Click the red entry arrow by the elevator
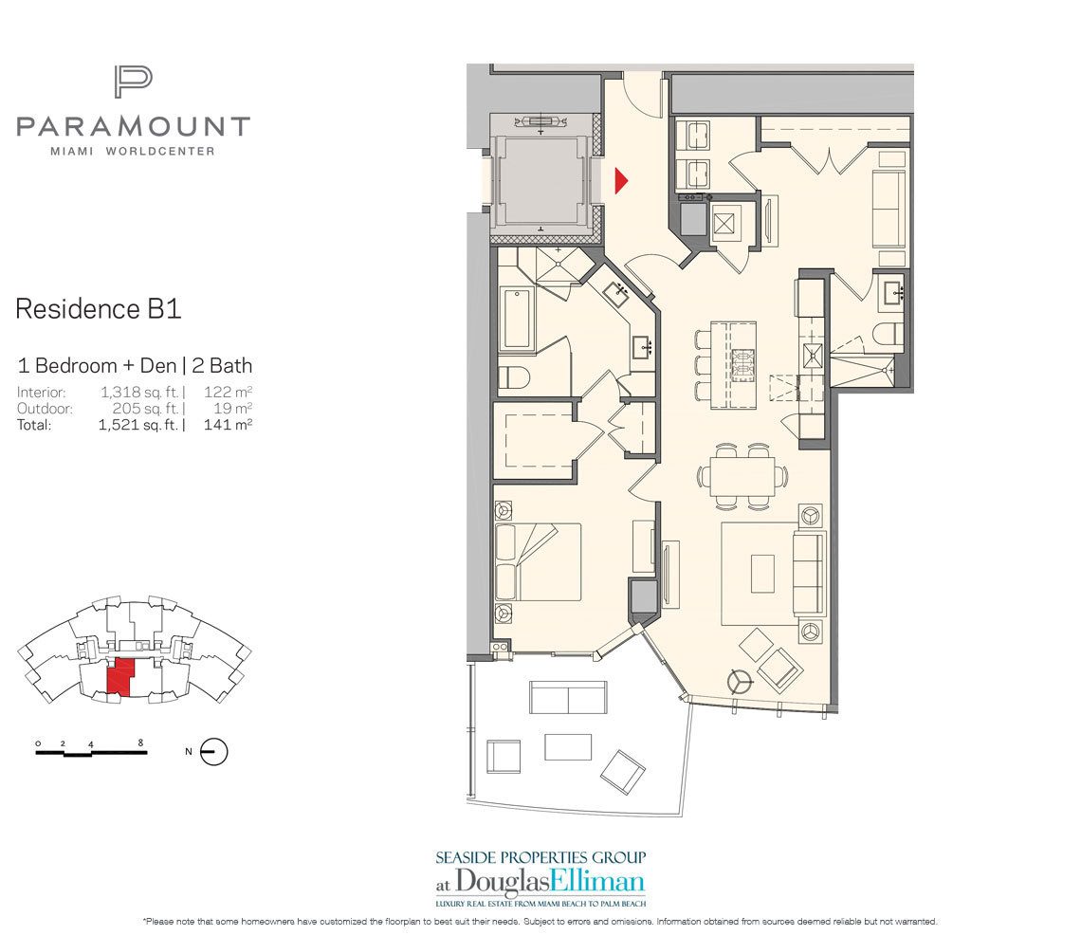pyautogui.click(x=622, y=181)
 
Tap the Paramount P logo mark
pyautogui.click(x=133, y=82)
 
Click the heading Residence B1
pyautogui.click(x=98, y=309)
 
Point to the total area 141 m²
pyautogui.click(x=228, y=425)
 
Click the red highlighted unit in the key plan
pyautogui.click(x=120, y=677)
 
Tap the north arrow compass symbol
pyautogui.click(x=214, y=752)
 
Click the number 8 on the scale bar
pyautogui.click(x=140, y=742)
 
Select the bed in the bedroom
pyautogui.click(x=538, y=562)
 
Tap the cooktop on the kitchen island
pyautogui.click(x=747, y=365)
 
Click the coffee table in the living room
pyautogui.click(x=763, y=574)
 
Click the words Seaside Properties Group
pyautogui.click(x=540, y=856)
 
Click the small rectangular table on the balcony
pyautogui.click(x=568, y=746)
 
